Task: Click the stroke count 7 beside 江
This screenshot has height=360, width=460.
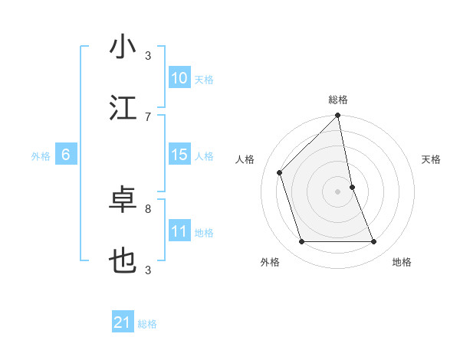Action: [x=148, y=116]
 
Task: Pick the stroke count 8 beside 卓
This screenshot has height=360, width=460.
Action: [x=148, y=208]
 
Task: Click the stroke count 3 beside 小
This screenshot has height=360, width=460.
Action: [x=148, y=55]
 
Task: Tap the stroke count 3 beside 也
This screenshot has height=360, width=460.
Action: [x=148, y=270]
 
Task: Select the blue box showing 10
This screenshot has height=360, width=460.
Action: [x=179, y=78]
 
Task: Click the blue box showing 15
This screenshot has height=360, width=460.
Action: [x=179, y=155]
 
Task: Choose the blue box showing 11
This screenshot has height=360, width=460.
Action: [x=179, y=231]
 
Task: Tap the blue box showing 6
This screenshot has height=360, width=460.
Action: [x=66, y=155]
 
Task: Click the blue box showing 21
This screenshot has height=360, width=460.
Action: [x=123, y=322]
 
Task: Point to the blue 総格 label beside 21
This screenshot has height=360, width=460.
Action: [x=147, y=324]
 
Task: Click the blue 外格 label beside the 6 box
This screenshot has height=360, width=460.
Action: [x=41, y=156]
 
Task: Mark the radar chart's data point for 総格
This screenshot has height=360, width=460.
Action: [x=337, y=116]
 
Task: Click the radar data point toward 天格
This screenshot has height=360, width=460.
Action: [x=352, y=187]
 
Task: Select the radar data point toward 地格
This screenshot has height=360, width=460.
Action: [x=374, y=242]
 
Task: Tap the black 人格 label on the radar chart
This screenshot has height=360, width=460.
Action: [x=246, y=159]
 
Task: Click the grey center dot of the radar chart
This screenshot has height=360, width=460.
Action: [x=337, y=191]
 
